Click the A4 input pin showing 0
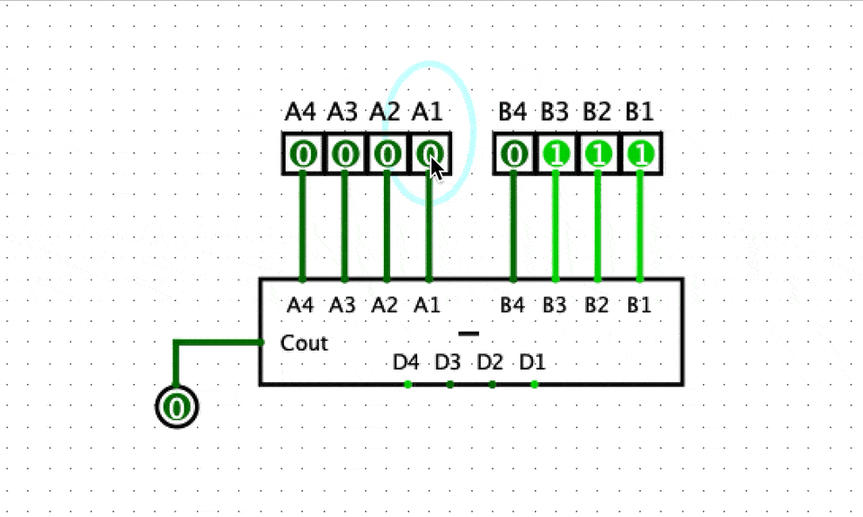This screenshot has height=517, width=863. (x=303, y=155)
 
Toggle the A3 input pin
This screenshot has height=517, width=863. (x=345, y=155)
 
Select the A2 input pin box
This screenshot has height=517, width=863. (x=387, y=155)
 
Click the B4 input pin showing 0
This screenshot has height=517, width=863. (x=514, y=155)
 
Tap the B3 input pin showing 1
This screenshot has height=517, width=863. (x=556, y=155)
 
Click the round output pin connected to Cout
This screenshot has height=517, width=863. (x=177, y=407)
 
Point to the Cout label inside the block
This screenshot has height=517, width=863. (x=304, y=343)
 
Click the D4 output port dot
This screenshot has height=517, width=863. (x=408, y=385)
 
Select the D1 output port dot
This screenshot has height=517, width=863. (x=535, y=385)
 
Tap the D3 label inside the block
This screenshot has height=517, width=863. (x=448, y=363)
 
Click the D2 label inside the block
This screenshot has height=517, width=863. (x=490, y=363)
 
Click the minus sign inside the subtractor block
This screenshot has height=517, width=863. (x=468, y=334)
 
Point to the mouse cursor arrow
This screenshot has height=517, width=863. (x=435, y=167)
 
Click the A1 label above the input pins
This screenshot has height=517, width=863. (x=427, y=112)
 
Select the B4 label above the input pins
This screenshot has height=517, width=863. (x=512, y=112)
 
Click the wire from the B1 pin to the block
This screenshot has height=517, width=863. (x=641, y=225)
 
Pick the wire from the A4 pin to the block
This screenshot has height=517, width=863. (x=303, y=225)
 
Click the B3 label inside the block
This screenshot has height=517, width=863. (x=555, y=305)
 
